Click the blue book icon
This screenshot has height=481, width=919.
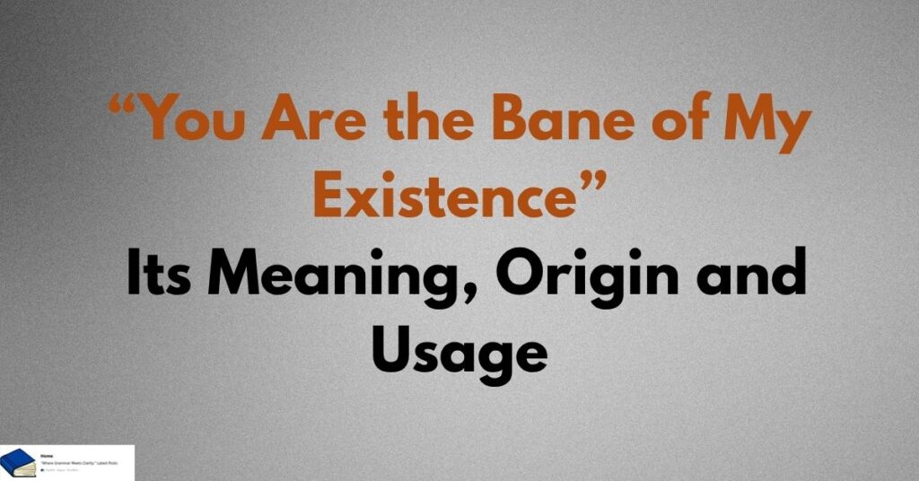coord(18,463)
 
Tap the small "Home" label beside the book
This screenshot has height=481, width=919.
coord(47,456)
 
